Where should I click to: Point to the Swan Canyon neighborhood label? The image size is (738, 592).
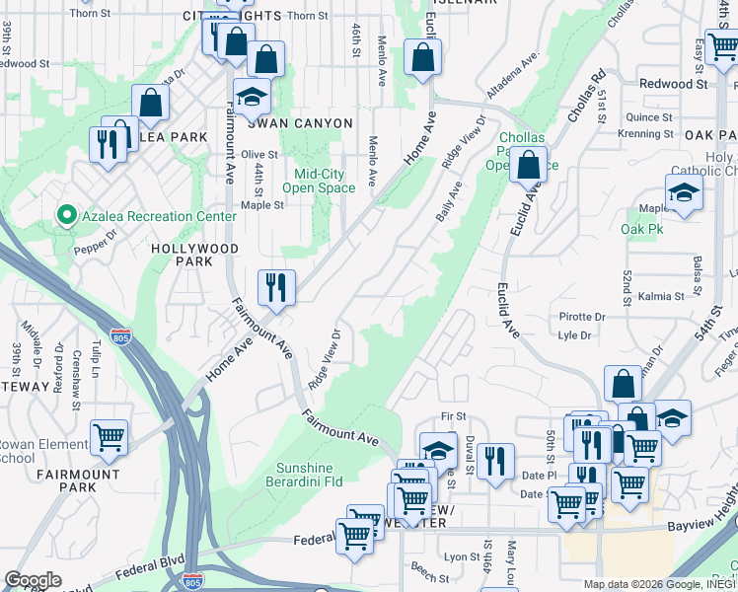point(299,123)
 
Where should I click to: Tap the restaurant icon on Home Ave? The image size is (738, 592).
point(277,287)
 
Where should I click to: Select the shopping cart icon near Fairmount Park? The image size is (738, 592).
point(109,437)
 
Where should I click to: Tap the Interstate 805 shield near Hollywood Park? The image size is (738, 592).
point(121,336)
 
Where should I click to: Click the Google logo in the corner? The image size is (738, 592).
point(34,580)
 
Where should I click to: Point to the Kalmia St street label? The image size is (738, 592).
point(662,296)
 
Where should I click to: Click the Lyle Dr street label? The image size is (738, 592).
point(574,335)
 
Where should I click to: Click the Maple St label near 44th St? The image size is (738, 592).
point(262,205)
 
